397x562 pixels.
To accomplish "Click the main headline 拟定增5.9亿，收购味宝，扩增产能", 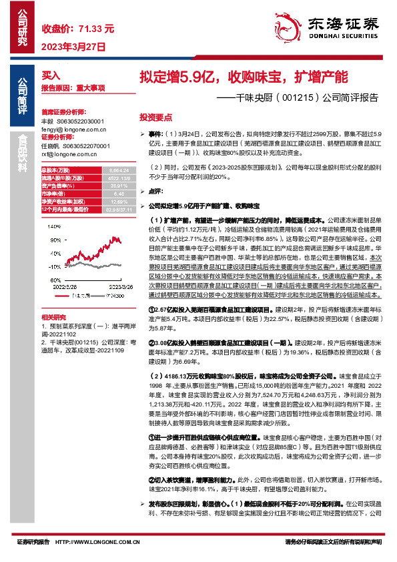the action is pos(243,76).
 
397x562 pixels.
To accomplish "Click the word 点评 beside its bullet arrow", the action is pos(157,191).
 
